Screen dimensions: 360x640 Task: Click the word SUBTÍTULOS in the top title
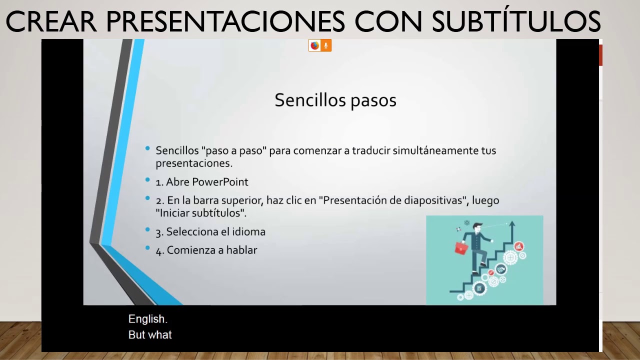pyautogui.click(x=516, y=21)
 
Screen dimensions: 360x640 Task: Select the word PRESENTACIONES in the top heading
pyautogui.click(x=225, y=21)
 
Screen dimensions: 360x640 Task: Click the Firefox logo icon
pyautogui.click(x=314, y=46)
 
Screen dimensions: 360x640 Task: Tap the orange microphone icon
pyautogui.click(x=325, y=46)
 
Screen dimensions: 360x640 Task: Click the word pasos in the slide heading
pyautogui.click(x=373, y=100)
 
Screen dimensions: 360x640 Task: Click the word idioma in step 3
pyautogui.click(x=248, y=232)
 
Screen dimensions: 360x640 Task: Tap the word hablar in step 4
pyautogui.click(x=241, y=250)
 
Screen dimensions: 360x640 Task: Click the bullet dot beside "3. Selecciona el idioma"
pyautogui.click(x=147, y=229)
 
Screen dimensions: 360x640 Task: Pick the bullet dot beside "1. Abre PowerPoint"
pyautogui.click(x=147, y=179)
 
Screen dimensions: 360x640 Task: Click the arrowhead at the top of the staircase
pyautogui.click(x=512, y=224)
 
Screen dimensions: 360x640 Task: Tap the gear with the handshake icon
pyautogui.click(x=501, y=270)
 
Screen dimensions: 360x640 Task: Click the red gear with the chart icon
pyautogui.click(x=518, y=246)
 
